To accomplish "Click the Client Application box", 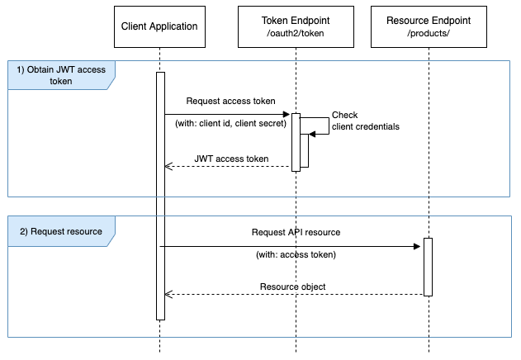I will pyautogui.click(x=159, y=26).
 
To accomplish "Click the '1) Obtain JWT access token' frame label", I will pyautogui.click(x=61, y=75).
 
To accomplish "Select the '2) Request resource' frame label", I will pyautogui.click(x=61, y=231).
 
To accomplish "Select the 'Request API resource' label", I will pyautogui.click(x=296, y=232).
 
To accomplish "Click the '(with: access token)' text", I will pyautogui.click(x=296, y=255).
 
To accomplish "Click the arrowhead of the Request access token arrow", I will pyautogui.click(x=287, y=114).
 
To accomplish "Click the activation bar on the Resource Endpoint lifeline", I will pyautogui.click(x=428, y=267).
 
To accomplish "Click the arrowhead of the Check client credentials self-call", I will pyautogui.click(x=311, y=135).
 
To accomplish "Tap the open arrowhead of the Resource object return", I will pyautogui.click(x=168, y=295).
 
